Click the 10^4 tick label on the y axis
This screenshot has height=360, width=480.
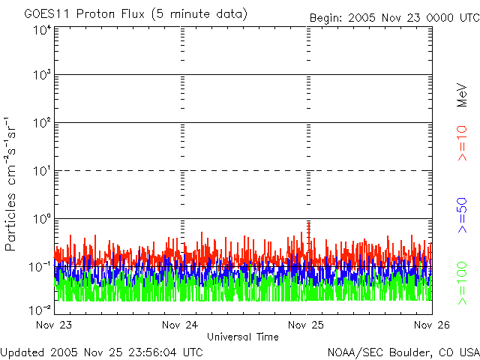(41, 31)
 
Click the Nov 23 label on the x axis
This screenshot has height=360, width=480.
(54, 325)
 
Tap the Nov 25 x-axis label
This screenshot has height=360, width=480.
(307, 325)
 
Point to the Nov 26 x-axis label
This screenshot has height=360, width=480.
(432, 325)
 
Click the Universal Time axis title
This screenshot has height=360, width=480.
(242, 337)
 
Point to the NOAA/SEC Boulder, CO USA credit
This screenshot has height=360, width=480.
(402, 352)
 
